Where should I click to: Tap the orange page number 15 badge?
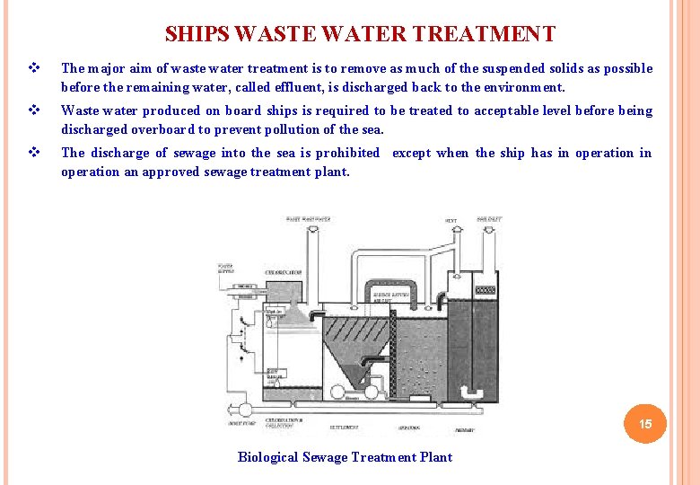click(x=644, y=423)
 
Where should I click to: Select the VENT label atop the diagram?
click(x=451, y=220)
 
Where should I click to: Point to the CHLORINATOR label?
click(x=283, y=271)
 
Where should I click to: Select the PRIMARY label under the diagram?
click(x=465, y=430)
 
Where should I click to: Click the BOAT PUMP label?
click(x=242, y=423)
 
